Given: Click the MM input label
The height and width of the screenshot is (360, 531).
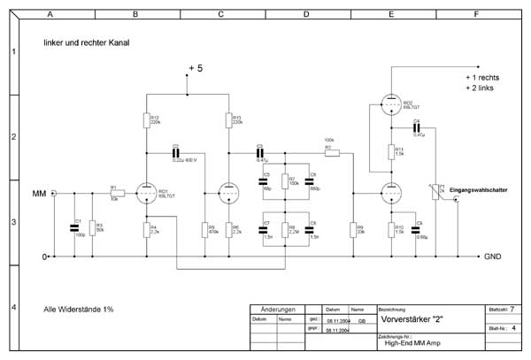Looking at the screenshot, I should pos(38,193).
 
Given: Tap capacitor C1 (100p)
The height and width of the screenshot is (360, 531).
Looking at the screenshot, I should pos(74,228).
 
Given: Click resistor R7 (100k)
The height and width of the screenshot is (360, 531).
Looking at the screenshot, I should pos(286,182).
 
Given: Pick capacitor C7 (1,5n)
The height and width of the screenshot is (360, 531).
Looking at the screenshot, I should pos(264,231).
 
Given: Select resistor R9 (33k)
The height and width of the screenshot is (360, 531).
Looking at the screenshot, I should pos(352,231).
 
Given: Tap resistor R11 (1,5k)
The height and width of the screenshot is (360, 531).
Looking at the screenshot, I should pos(390,152).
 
